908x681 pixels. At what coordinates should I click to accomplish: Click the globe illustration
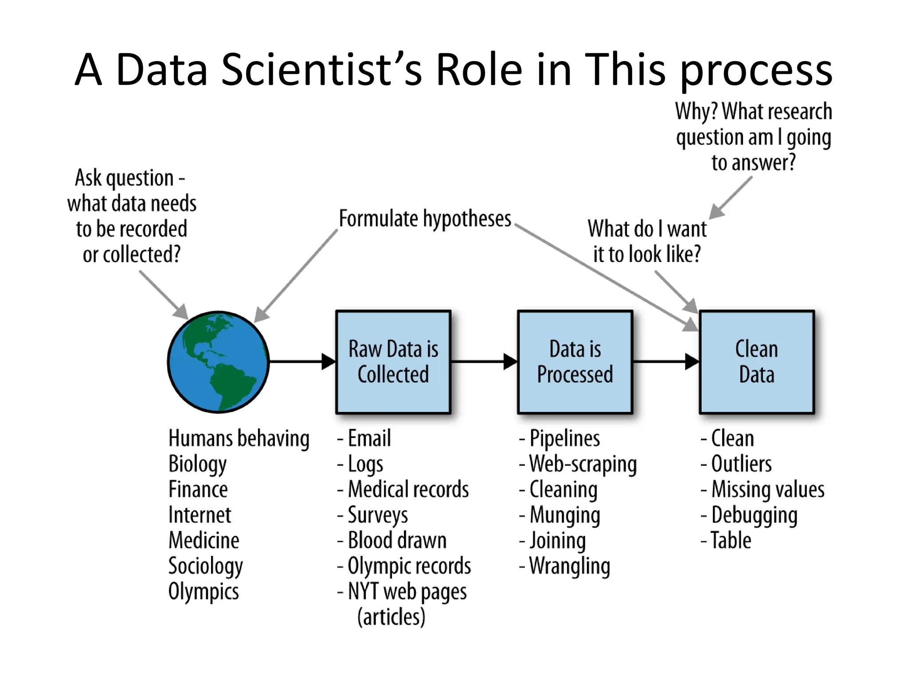click(x=218, y=362)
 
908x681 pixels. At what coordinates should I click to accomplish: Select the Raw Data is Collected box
click(x=393, y=362)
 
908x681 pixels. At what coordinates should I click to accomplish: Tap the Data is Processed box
click(x=575, y=362)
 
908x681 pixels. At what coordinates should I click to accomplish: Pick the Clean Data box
click(x=757, y=362)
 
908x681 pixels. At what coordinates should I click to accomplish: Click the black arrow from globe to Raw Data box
click(x=301, y=362)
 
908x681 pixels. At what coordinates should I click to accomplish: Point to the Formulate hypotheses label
click(x=425, y=219)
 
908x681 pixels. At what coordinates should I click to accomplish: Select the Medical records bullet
click(x=408, y=489)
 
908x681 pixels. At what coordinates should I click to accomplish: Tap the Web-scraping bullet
click(x=583, y=464)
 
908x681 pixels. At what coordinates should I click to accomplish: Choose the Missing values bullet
click(x=767, y=489)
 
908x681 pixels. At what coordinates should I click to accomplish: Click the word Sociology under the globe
click(x=205, y=566)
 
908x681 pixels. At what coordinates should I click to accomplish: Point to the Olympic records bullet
click(x=409, y=566)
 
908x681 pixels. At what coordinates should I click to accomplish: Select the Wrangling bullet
click(x=569, y=566)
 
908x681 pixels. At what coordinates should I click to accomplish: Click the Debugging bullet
click(x=754, y=515)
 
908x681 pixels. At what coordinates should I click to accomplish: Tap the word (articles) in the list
click(x=391, y=617)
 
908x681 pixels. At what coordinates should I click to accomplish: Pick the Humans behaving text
click(x=239, y=438)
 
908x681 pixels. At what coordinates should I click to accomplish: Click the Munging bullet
click(x=564, y=515)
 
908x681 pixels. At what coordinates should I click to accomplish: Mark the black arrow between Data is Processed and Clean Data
click(x=665, y=362)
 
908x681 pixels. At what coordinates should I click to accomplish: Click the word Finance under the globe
click(x=198, y=489)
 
